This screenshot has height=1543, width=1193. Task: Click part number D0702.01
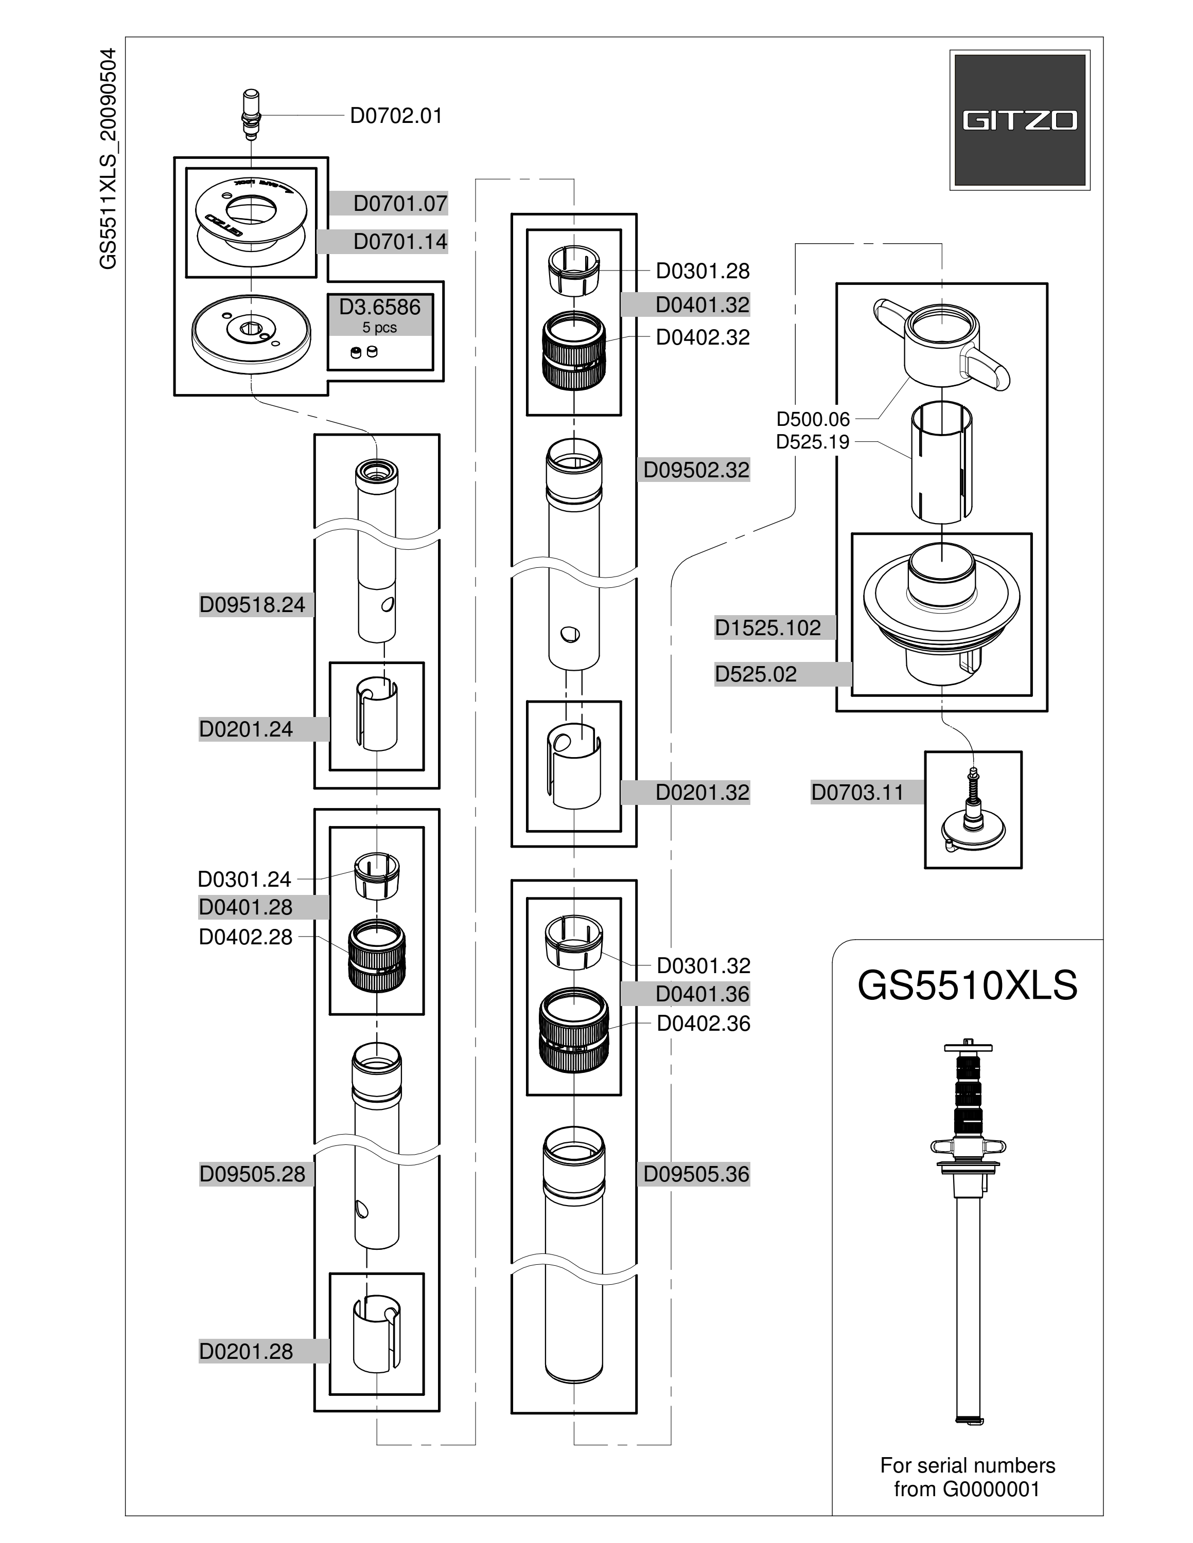tap(396, 115)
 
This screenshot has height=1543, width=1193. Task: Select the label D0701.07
tap(400, 204)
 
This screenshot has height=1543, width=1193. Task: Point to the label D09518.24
tap(252, 605)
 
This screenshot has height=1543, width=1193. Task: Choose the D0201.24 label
tap(246, 729)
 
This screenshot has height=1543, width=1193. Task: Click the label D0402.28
tap(245, 937)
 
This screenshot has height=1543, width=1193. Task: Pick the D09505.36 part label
tap(696, 1174)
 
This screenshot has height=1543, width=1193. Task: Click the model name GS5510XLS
tap(968, 985)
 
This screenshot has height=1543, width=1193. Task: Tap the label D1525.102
tap(768, 627)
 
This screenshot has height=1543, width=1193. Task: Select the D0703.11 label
tap(857, 792)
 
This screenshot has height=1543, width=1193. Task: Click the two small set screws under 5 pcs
tap(364, 352)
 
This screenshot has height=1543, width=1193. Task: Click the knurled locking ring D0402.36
tap(573, 1031)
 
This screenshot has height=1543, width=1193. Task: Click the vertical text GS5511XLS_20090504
tap(108, 159)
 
